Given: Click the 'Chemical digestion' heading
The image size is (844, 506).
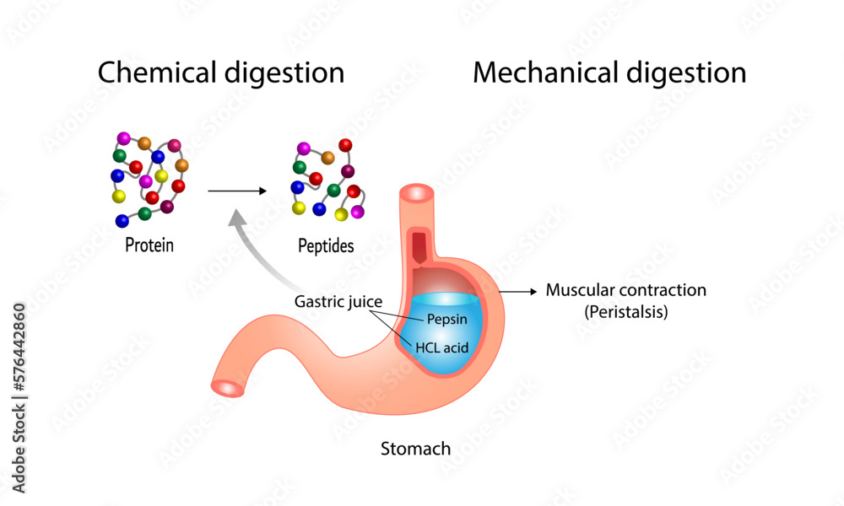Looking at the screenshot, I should pos(220,73).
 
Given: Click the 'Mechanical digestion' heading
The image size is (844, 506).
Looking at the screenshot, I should pos(609,73).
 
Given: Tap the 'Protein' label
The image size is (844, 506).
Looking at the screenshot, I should pos(149,246).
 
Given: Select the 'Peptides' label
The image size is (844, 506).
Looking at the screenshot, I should pos(326,246).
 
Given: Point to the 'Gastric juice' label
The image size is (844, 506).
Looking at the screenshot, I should pos(337,301).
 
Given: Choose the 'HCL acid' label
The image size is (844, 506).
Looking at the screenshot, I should pos(442,346).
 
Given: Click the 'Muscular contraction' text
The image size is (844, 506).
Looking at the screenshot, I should pos(625,290).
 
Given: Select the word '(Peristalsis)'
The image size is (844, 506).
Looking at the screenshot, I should pos(625,311).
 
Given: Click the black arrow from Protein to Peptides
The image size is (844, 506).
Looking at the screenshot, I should pos(237,191).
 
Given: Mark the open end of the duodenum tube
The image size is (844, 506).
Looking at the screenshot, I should pos(227,388).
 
